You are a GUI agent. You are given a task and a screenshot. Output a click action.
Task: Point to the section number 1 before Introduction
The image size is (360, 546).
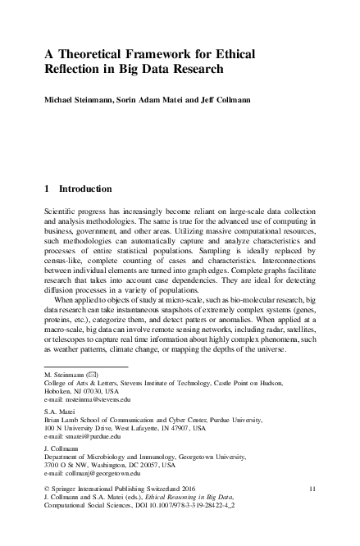tap(46, 188)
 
